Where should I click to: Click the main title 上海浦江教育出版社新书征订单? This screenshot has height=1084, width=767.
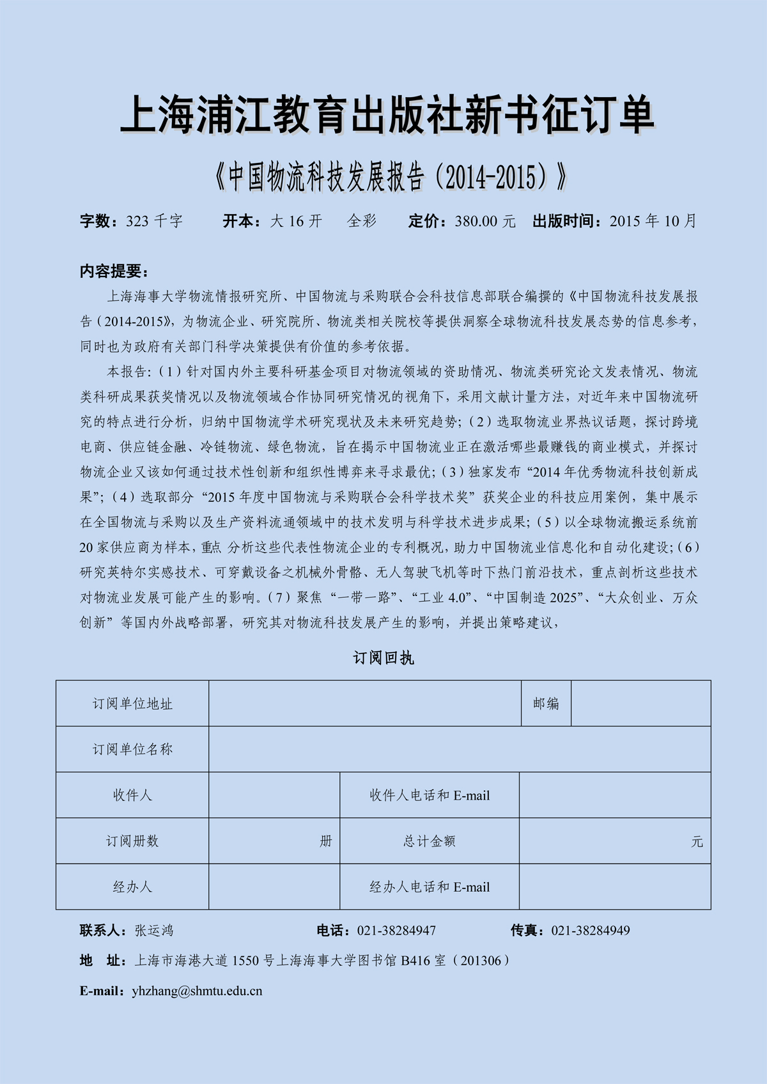coord(387,115)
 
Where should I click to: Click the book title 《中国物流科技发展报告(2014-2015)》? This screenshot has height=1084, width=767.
coord(391,177)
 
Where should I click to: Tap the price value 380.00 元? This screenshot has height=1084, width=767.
coord(485,221)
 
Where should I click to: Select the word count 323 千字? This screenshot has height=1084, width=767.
coord(154,221)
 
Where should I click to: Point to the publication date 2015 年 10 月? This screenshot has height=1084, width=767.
coord(653,221)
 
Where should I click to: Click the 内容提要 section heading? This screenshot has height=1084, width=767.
coord(114,271)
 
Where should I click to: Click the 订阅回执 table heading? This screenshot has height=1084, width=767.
coord(383,658)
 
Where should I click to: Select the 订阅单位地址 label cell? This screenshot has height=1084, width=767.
coord(132,703)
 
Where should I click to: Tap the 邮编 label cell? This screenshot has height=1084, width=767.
coord(546,703)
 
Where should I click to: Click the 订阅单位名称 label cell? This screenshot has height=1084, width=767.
coord(132,749)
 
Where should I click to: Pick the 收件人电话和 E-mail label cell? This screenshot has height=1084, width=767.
coord(430,795)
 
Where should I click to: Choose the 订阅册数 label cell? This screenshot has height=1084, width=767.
coord(132,841)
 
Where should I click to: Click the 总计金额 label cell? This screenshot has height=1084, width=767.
coord(430,841)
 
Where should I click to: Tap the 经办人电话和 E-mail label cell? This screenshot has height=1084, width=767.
coord(430,887)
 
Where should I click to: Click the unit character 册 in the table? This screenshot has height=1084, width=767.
coord(326,841)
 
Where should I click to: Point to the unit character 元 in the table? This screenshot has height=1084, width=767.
coord(697,842)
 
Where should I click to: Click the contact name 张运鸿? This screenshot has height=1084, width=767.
coord(154,930)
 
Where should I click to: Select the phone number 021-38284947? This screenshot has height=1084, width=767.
coord(396,930)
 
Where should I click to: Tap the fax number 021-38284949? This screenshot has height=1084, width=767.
coord(591,930)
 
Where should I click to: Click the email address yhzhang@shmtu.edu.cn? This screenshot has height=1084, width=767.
coord(197,991)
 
